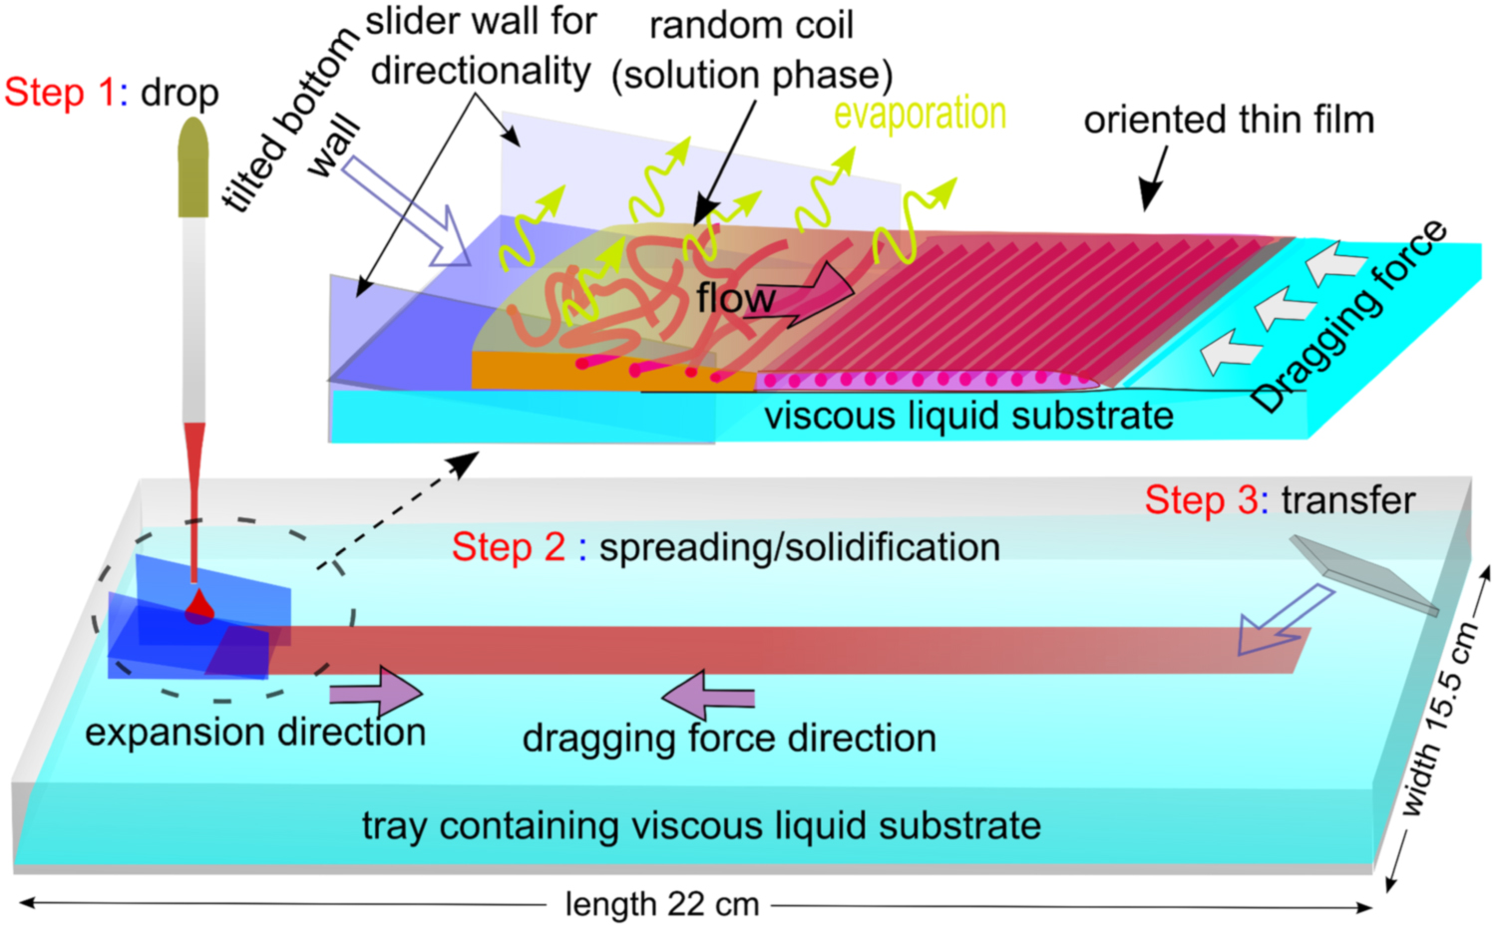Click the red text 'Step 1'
tap(60, 93)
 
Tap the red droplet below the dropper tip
tap(199, 606)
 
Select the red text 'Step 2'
tap(509, 547)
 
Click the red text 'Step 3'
tap(1201, 500)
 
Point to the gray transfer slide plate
tap(1364, 575)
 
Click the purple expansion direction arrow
tap(375, 691)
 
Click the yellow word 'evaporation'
tap(920, 115)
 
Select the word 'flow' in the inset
tap(736, 298)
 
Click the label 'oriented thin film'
tap(1229, 121)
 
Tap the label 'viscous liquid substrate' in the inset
tap(968, 416)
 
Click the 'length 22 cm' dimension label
tap(662, 904)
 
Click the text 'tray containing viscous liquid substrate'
tap(701, 825)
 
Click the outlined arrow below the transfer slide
tap(1280, 622)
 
